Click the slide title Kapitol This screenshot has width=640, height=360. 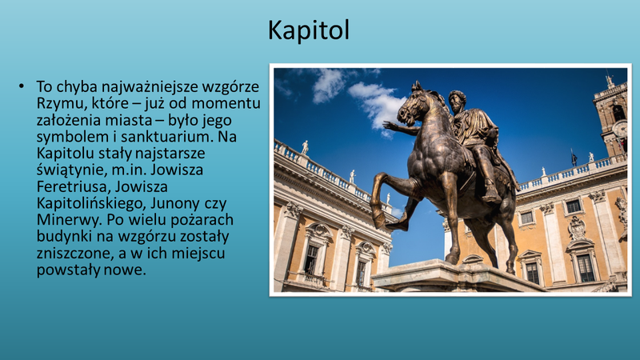click(309, 30)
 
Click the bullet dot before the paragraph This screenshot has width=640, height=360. click(22, 86)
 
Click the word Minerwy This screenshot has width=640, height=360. click(70, 220)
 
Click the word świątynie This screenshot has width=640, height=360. click(72, 170)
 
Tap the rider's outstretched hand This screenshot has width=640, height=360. click(388, 126)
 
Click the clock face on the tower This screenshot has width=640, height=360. click(620, 129)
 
